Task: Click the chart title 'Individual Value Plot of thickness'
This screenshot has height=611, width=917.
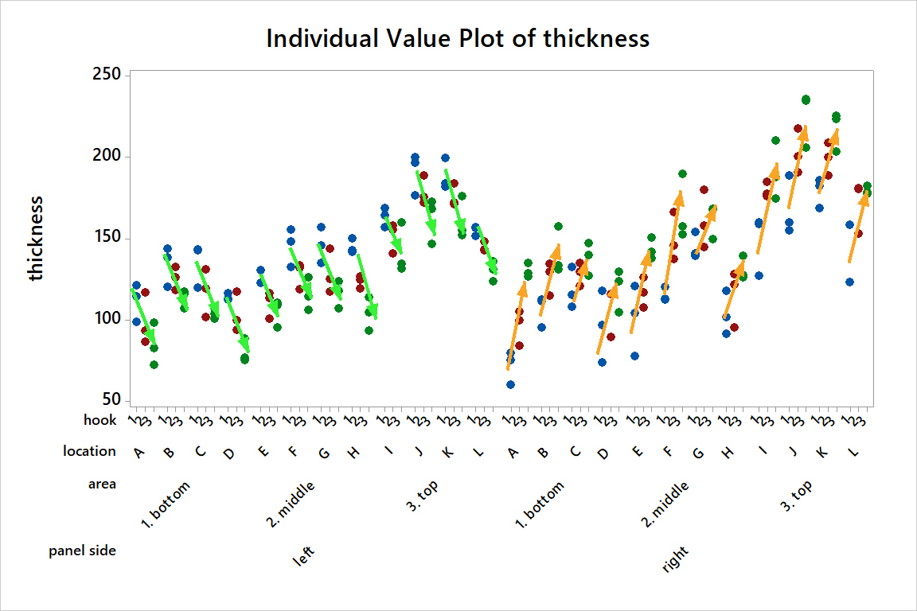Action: (458, 38)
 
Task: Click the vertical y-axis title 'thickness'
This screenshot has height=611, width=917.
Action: (37, 239)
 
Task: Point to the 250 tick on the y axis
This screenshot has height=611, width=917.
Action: (106, 75)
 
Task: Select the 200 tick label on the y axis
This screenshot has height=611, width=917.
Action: (106, 156)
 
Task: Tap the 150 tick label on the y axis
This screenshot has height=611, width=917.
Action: (106, 238)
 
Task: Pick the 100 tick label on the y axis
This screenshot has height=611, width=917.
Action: (106, 320)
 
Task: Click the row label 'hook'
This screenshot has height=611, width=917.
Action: (100, 419)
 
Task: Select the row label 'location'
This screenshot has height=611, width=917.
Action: (90, 451)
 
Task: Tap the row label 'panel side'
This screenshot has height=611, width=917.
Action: (83, 551)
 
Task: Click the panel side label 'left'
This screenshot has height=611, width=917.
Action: (304, 556)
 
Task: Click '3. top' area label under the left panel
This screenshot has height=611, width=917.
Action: (421, 496)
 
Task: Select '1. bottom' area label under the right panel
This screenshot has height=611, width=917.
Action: (540, 504)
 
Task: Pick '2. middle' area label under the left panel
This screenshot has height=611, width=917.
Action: (291, 504)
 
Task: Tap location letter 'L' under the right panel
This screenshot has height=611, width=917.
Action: (856, 453)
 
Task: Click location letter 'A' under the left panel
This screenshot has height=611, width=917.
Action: (139, 453)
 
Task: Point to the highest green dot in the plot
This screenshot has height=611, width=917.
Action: (806, 99)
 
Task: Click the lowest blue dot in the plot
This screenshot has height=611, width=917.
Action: (510, 384)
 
